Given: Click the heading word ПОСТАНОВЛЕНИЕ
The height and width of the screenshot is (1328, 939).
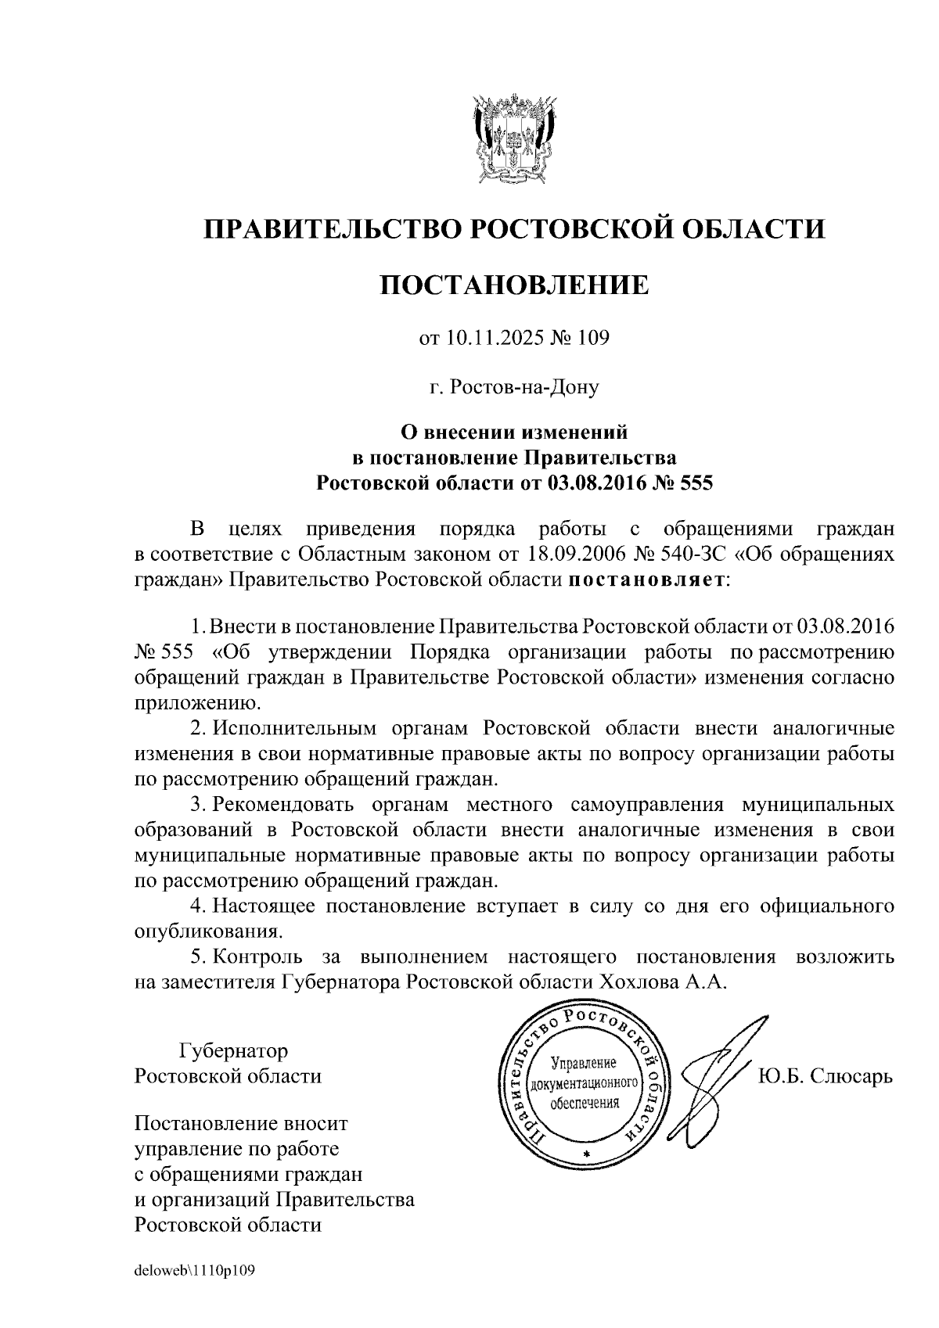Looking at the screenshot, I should (x=514, y=285).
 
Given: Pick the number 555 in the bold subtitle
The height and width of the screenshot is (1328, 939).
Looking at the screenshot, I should (x=695, y=482).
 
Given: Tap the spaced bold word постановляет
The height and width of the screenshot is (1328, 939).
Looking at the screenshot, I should (x=645, y=580).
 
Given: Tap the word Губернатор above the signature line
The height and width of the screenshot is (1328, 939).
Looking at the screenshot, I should (x=233, y=1050).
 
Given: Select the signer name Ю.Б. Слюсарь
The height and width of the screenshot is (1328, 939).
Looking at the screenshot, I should (x=826, y=1076).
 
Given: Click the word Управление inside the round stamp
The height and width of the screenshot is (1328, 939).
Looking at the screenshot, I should (x=584, y=1064).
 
